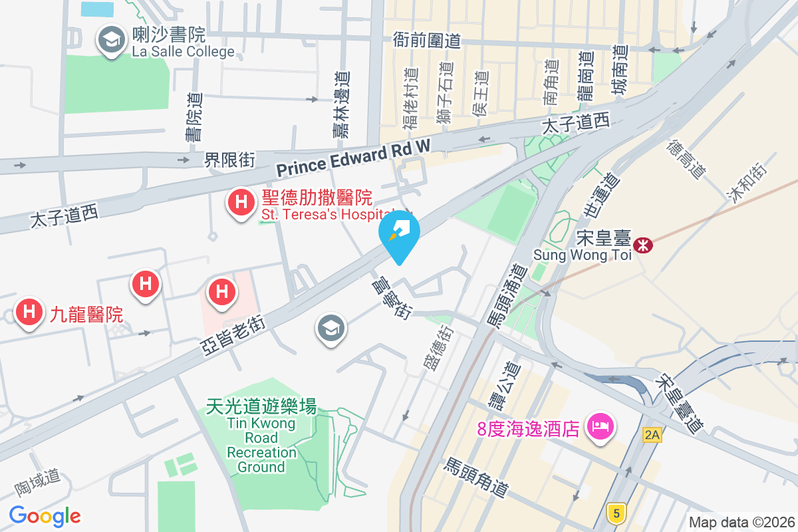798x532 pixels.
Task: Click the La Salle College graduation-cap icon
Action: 111,41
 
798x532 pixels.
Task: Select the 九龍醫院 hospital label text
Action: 86,313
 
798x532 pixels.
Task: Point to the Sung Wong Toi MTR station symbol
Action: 643,245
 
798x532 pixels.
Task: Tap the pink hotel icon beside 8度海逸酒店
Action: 601,426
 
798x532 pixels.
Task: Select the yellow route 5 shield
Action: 617,513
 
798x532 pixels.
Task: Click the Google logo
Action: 45,515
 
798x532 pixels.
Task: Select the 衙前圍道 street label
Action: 427,41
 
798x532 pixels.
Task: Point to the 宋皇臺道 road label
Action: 679,404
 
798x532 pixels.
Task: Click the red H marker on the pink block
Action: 221,292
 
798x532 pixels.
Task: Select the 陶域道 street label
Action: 38,483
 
